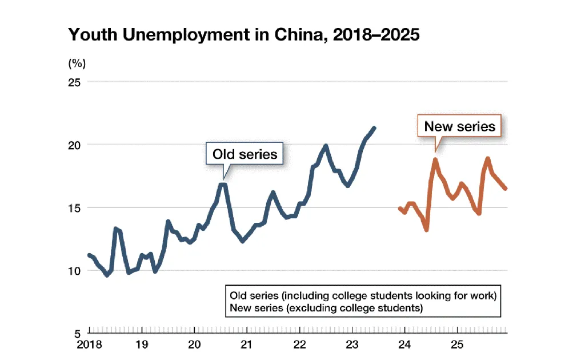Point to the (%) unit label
[x=77, y=63]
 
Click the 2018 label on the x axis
[x=89, y=345]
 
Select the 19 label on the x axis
[x=142, y=345]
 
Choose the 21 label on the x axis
[x=247, y=345]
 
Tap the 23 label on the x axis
[x=352, y=345]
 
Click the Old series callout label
[x=245, y=154]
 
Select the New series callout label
[x=459, y=126]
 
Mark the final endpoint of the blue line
[x=374, y=128]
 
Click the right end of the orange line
[x=506, y=188]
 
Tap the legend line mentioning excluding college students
[x=326, y=308]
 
